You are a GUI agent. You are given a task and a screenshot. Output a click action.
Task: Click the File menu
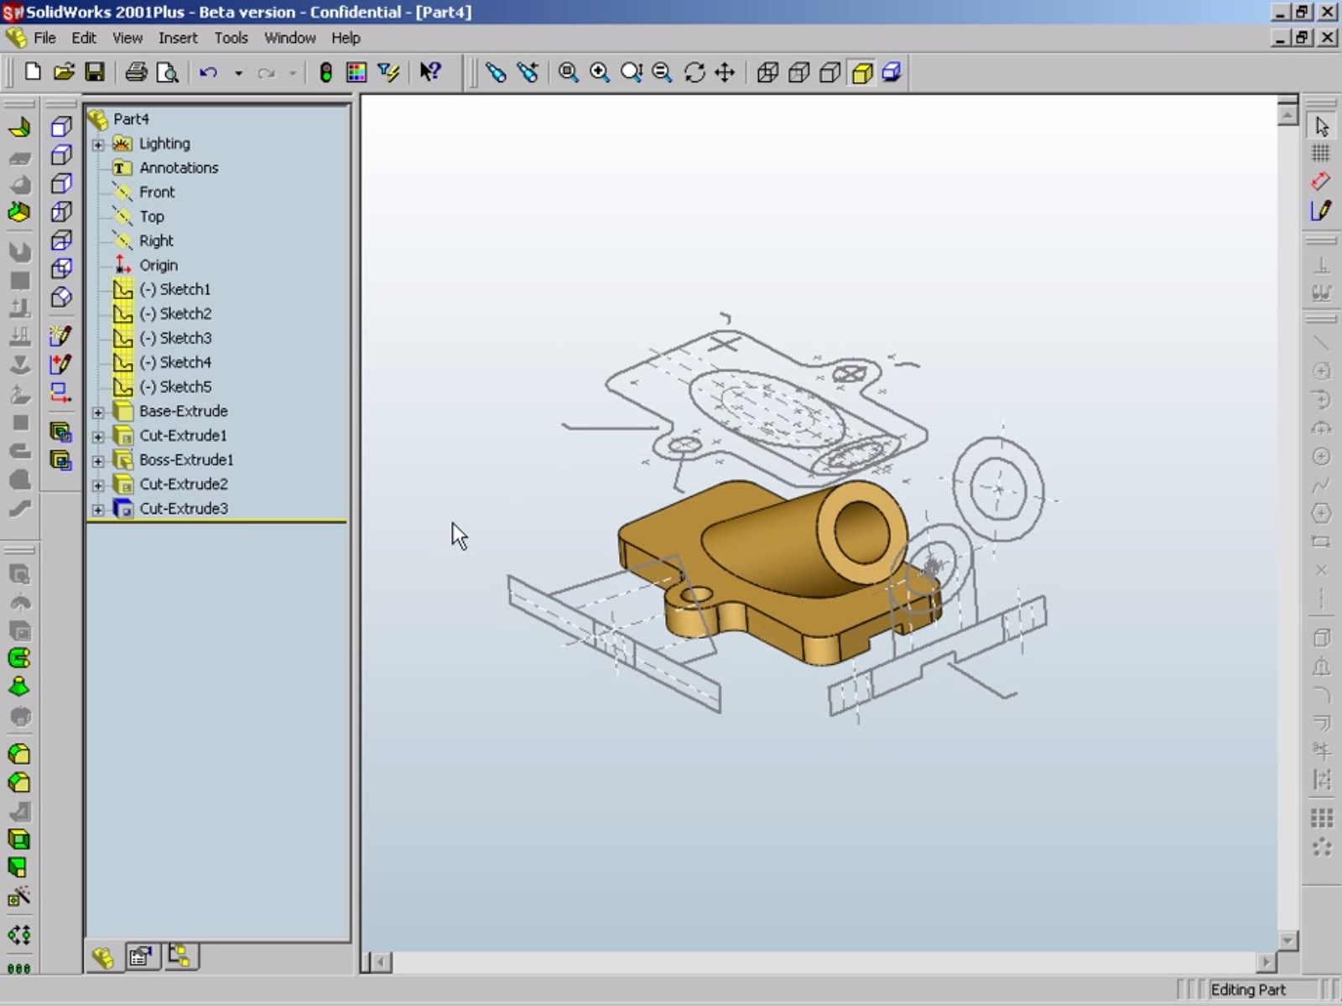click(x=44, y=38)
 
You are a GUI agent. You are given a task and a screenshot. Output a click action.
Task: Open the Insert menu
click(x=178, y=38)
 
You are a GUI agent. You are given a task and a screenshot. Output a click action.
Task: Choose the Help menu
click(x=346, y=38)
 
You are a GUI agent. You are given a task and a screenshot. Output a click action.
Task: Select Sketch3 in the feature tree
click(x=176, y=338)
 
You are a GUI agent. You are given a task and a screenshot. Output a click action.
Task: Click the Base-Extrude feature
click(x=184, y=411)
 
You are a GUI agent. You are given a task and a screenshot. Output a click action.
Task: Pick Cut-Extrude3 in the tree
click(x=184, y=508)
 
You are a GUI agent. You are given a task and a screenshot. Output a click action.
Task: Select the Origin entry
click(x=159, y=265)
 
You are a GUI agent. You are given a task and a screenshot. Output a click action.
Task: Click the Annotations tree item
click(x=179, y=168)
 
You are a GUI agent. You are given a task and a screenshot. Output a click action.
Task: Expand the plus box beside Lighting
click(x=98, y=144)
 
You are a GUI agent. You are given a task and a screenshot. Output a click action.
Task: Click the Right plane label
click(x=156, y=241)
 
